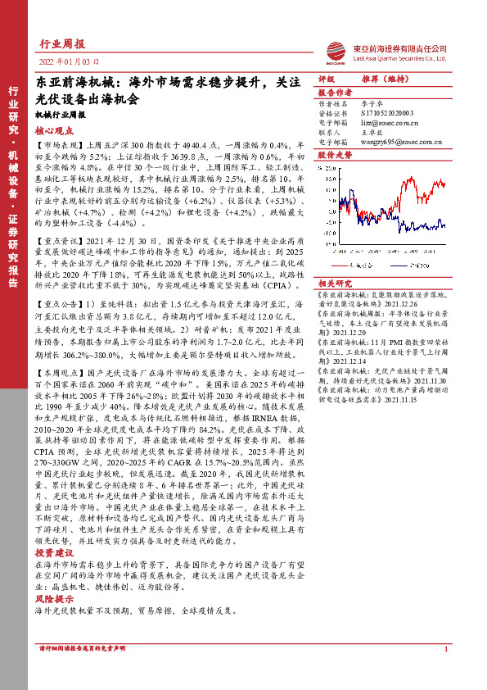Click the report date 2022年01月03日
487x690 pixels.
69,62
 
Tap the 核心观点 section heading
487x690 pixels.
52,129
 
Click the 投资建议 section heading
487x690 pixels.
52,552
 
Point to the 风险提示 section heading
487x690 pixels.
52,600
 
